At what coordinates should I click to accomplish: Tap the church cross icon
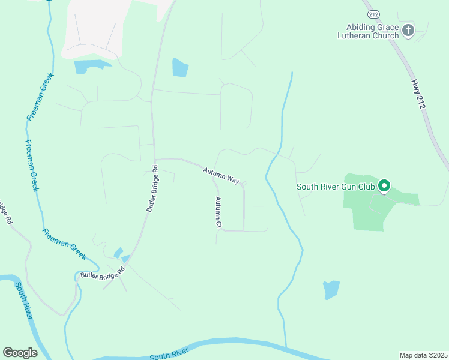pos(408,31)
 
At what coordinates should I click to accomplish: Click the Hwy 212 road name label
pos(418,94)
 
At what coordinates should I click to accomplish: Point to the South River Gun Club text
pos(336,187)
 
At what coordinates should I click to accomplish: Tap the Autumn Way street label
pos(221,175)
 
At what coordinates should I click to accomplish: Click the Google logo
pos(20,353)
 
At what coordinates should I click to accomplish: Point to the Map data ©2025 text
pos(424,355)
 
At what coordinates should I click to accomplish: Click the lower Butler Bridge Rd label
pos(102,273)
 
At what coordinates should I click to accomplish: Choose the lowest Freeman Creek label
pos(64,244)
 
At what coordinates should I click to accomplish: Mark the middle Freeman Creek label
pos(31,166)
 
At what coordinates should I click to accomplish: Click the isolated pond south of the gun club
pos(331,289)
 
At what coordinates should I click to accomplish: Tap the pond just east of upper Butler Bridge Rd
pos(180,67)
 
